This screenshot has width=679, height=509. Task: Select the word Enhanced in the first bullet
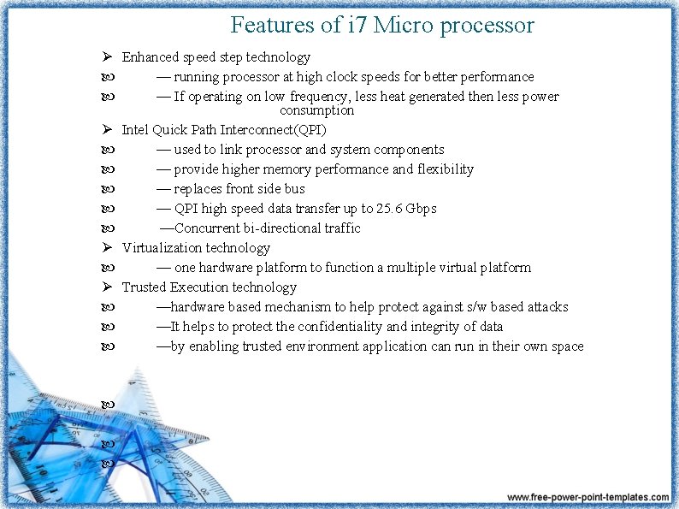(x=151, y=57)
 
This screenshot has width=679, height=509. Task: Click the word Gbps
(x=422, y=209)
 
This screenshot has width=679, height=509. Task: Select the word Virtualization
(x=162, y=248)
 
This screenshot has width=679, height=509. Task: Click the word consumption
(x=316, y=110)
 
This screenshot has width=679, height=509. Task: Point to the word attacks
(x=547, y=307)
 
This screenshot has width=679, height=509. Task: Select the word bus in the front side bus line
(x=293, y=189)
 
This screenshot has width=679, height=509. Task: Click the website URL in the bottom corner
(x=587, y=497)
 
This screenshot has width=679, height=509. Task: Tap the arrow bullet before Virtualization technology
(x=107, y=248)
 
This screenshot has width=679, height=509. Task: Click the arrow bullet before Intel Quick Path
(x=107, y=130)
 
